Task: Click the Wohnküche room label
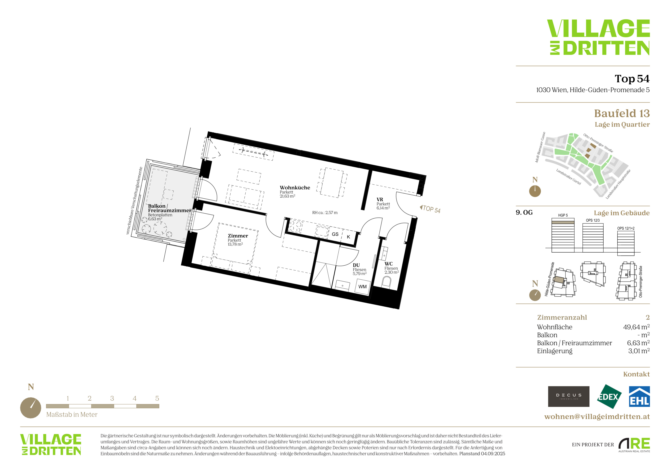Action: click(x=295, y=188)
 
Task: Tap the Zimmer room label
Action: click(x=238, y=236)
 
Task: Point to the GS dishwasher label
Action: click(x=335, y=234)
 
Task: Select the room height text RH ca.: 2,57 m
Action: click(x=325, y=212)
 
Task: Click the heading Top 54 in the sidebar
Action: click(x=632, y=79)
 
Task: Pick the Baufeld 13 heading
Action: click(x=622, y=113)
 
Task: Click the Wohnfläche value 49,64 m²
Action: click(x=636, y=327)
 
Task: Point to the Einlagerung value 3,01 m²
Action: click(x=639, y=351)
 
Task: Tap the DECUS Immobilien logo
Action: click(x=569, y=396)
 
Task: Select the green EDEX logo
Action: click(x=609, y=397)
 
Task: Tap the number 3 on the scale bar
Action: click(x=112, y=398)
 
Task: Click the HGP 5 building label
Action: click(x=563, y=215)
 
